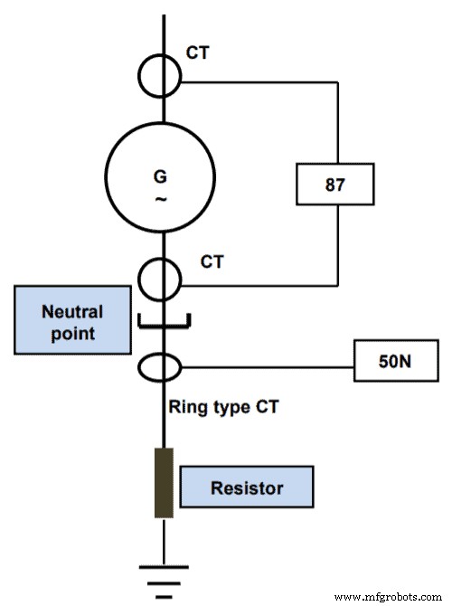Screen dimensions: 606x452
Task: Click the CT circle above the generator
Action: (164, 74)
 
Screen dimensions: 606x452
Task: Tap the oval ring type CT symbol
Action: (164, 367)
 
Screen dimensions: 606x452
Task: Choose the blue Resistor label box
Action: (247, 488)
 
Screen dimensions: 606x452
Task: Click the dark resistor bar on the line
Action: (164, 483)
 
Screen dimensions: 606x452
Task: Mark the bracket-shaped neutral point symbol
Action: (164, 321)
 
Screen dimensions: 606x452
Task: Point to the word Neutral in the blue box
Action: (73, 312)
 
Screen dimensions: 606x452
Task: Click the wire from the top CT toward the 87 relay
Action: (262, 81)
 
